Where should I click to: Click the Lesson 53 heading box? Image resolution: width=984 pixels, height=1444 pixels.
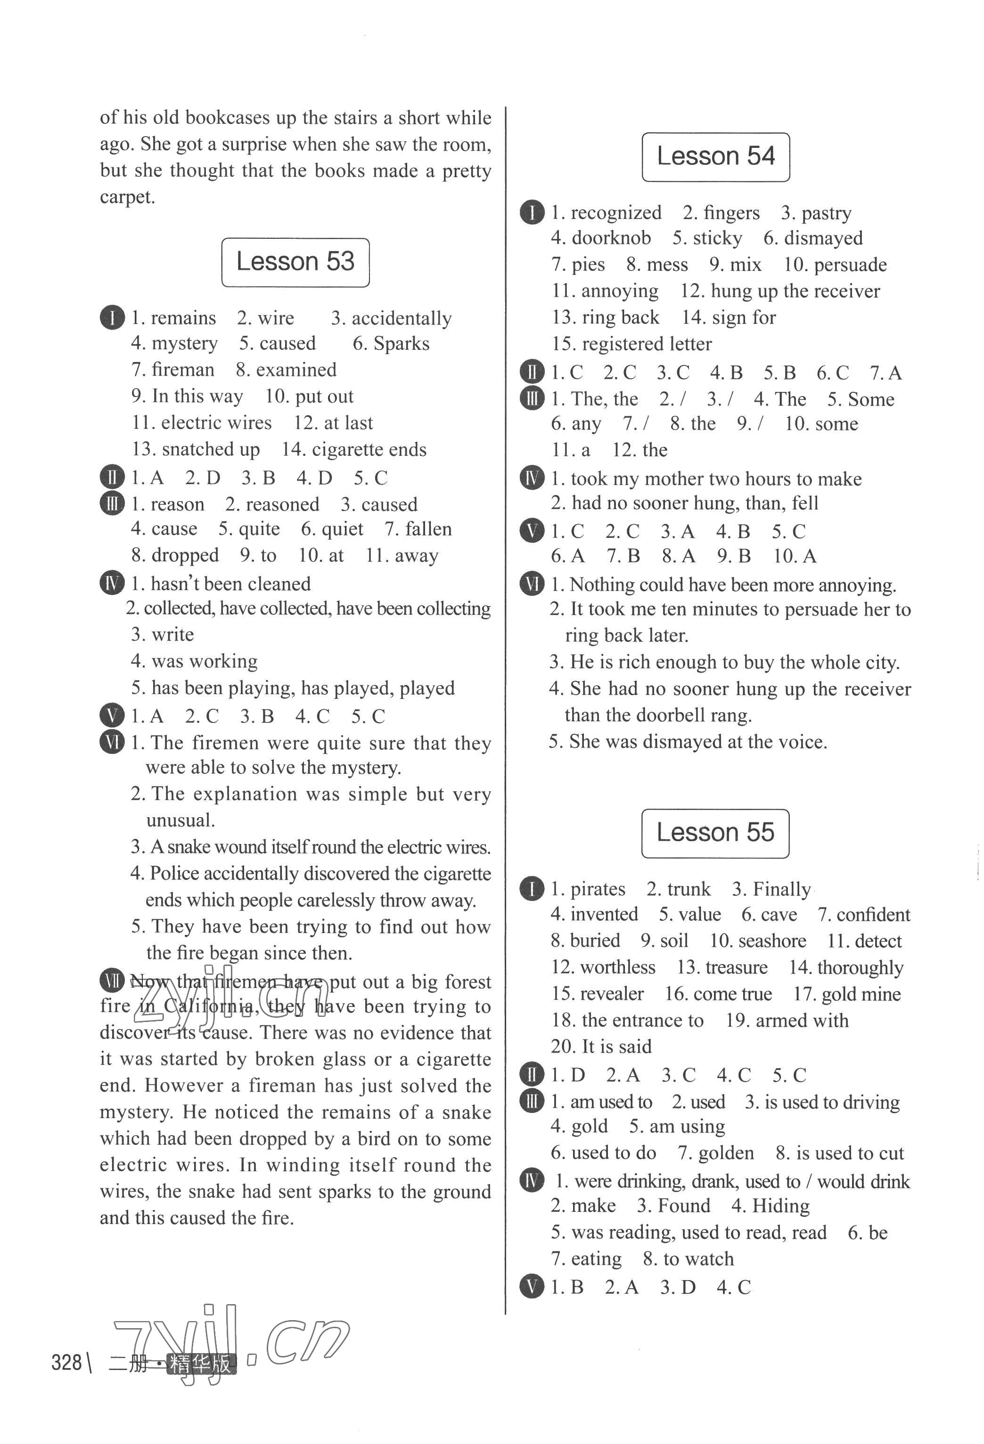pyautogui.click(x=295, y=262)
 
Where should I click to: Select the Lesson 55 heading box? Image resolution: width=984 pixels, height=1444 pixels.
pyautogui.click(x=715, y=833)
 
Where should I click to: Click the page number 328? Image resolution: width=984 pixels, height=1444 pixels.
pyautogui.click(x=66, y=1363)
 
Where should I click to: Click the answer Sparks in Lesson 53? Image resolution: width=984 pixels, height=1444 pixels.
pyautogui.click(x=401, y=344)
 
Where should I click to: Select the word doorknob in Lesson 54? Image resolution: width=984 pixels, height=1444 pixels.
pyautogui.click(x=611, y=238)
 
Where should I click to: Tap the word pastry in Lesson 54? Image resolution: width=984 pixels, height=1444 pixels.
pyautogui.click(x=826, y=213)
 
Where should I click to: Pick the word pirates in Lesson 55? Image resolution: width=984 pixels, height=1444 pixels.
pyautogui.click(x=598, y=889)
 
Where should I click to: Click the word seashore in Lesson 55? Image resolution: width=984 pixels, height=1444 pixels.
pyautogui.click(x=768, y=941)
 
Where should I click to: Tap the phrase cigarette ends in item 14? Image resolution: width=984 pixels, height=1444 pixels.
pyautogui.click(x=369, y=449)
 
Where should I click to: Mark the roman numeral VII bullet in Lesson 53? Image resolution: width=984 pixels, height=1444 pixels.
pyautogui.click(x=112, y=981)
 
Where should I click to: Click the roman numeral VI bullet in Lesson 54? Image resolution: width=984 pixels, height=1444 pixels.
pyautogui.click(x=532, y=584)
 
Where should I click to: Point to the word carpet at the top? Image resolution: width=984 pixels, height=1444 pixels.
pyautogui.click(x=127, y=197)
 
